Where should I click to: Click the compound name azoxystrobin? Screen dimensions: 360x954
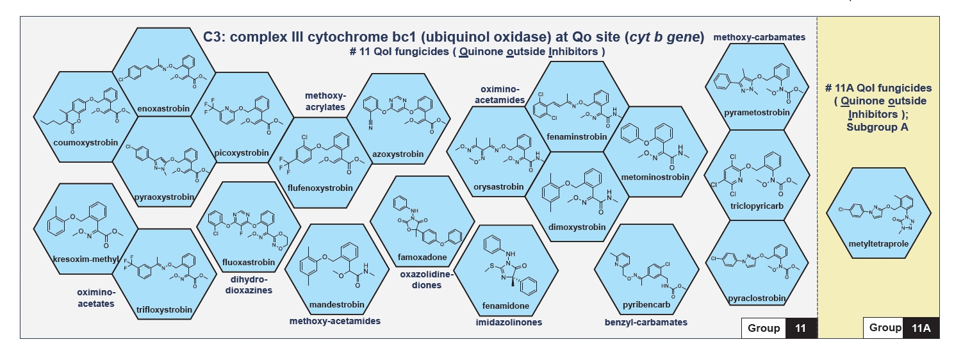398,154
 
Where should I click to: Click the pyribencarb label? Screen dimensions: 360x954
646,304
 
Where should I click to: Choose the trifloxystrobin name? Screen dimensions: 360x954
164,310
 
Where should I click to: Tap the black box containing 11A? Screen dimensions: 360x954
921,328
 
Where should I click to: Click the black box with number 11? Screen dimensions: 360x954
800,328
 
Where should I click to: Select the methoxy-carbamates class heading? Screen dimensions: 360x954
759,37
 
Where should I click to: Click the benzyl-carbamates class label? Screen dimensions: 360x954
646,322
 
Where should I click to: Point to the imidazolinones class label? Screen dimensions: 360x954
509,322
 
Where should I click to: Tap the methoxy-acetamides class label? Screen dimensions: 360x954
335,320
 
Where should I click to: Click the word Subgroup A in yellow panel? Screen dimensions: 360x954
877,127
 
